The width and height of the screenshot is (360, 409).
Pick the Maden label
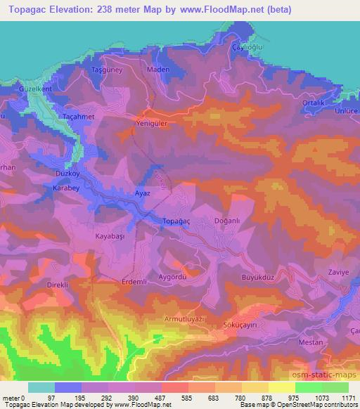pyautogui.click(x=157, y=70)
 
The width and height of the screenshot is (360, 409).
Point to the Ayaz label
pyautogui.click(x=142, y=192)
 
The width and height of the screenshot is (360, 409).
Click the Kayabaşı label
pyautogui.click(x=110, y=238)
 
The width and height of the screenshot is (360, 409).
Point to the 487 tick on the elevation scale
pyautogui.click(x=149, y=398)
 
